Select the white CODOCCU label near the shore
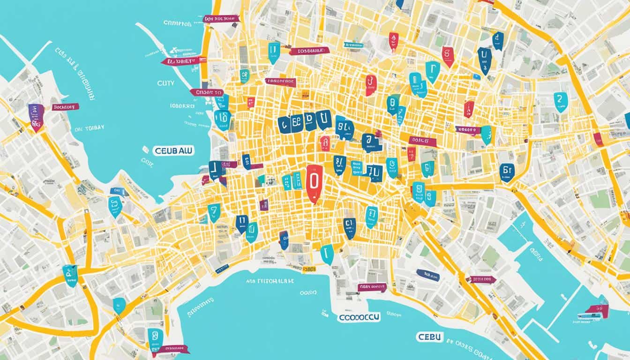click(x=359, y=317)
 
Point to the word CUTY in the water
click(x=165, y=83)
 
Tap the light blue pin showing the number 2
click(x=560, y=101)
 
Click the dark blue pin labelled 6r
click(x=507, y=171)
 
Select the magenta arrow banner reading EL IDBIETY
click(x=183, y=61)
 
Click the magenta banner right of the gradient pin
click(x=65, y=107)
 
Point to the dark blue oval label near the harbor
click(x=427, y=275)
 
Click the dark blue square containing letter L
click(x=215, y=169)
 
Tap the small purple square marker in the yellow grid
click(x=264, y=204)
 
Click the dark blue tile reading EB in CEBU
click(x=297, y=123)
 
